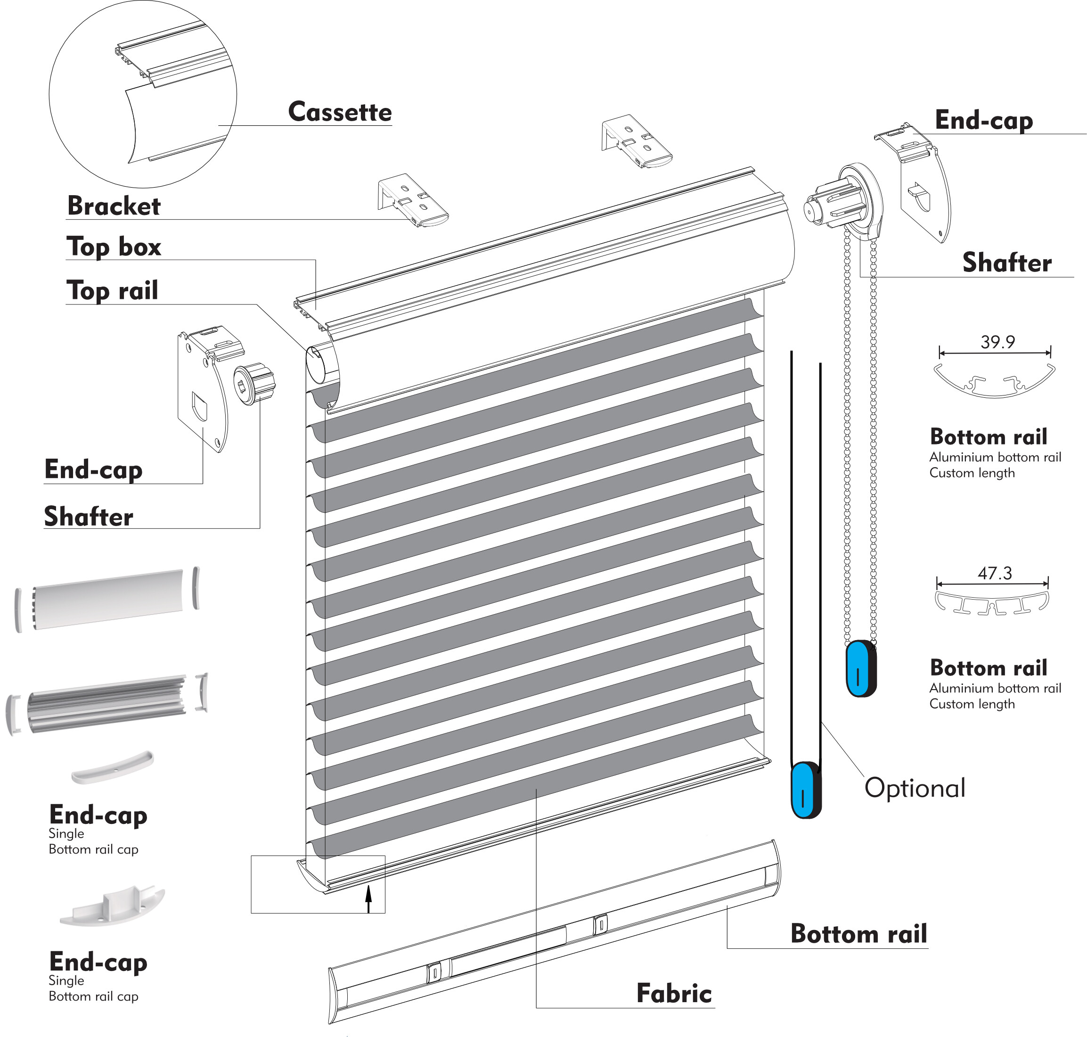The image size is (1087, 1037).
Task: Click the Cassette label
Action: (x=339, y=112)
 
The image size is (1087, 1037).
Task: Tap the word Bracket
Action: (x=114, y=206)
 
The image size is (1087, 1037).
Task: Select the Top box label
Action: (x=114, y=247)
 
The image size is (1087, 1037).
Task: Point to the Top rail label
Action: (x=112, y=291)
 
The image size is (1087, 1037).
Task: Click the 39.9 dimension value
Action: (x=997, y=342)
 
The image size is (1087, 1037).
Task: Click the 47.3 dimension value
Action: (x=994, y=573)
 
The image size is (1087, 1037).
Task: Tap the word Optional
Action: (x=915, y=788)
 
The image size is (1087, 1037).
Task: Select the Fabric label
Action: (x=674, y=993)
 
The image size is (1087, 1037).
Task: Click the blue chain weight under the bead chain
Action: (x=860, y=668)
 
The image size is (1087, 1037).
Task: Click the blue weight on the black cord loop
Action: (x=806, y=790)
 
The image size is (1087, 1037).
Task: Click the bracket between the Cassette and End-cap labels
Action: (x=636, y=141)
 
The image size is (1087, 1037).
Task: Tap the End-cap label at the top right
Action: (x=983, y=121)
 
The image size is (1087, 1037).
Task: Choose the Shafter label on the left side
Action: (x=89, y=517)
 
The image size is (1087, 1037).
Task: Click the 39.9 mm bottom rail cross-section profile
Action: (x=994, y=380)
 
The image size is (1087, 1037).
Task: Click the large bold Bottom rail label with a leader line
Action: (x=858, y=934)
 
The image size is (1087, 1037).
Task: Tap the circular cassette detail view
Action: (x=143, y=94)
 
